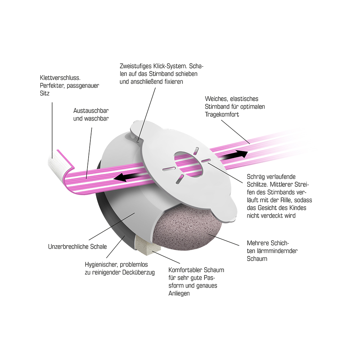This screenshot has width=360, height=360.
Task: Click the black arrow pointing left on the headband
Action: click(x=129, y=177)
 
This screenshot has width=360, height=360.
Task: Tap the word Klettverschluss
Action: click(x=60, y=78)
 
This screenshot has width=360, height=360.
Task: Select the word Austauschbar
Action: click(x=91, y=111)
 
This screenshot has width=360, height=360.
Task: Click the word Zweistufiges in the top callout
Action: click(x=135, y=66)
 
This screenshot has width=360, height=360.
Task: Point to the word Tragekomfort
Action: click(x=222, y=114)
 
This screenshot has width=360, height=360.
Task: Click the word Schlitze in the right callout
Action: click(x=257, y=184)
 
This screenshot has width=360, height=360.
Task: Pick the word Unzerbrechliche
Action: click(x=69, y=247)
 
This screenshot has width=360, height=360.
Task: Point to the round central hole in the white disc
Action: click(x=189, y=164)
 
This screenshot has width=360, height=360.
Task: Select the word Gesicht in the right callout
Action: click(x=267, y=208)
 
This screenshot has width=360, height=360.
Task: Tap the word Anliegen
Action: click(x=179, y=294)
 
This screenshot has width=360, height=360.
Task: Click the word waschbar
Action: click(x=96, y=119)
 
